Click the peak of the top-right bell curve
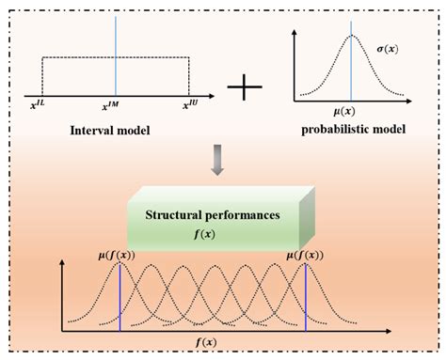(351, 36)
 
